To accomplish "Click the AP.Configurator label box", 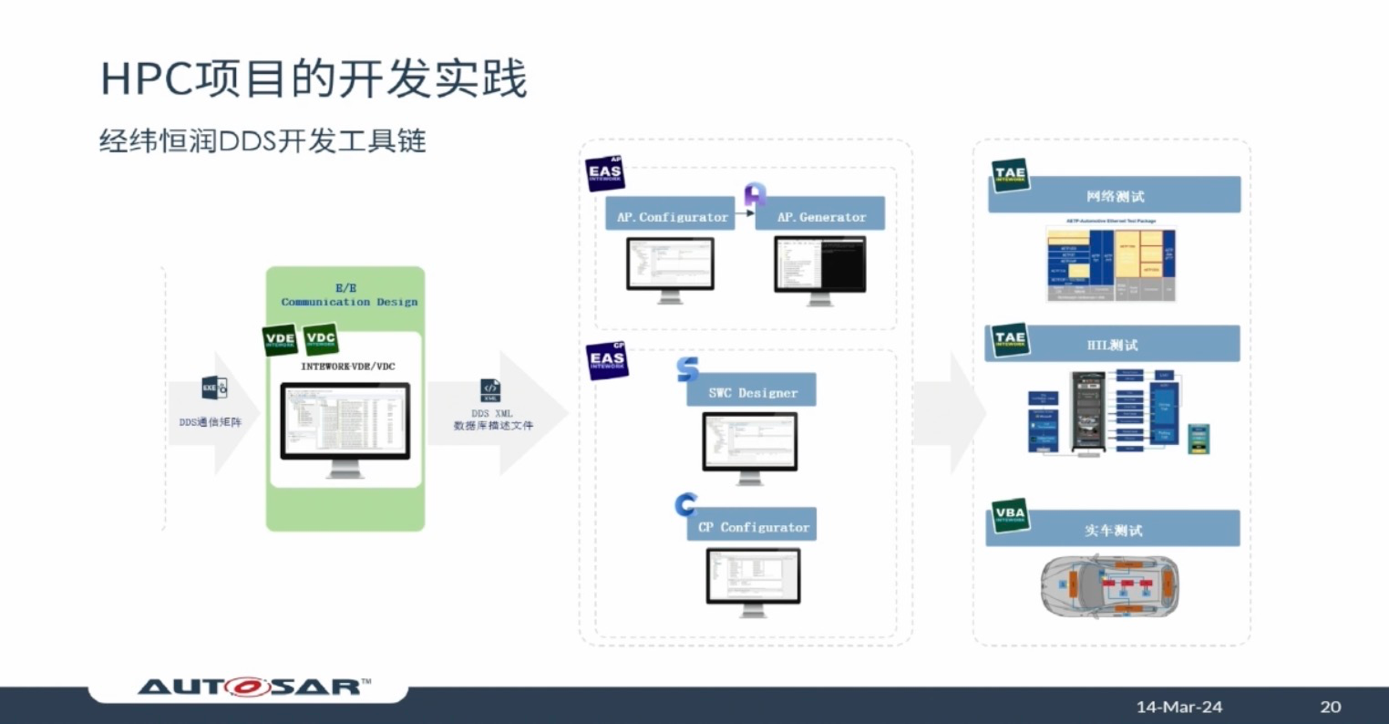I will click(671, 216).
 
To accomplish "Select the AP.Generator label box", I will click(820, 216).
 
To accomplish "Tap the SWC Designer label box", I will click(753, 392).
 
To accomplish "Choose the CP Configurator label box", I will click(753, 527).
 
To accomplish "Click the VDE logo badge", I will click(280, 339).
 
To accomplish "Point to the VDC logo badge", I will click(321, 339).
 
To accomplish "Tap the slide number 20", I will click(1330, 707).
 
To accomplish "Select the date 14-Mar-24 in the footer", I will click(1178, 707).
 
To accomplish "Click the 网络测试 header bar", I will click(1115, 196).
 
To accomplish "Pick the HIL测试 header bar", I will click(1113, 345).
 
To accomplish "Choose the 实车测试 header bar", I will click(1113, 530).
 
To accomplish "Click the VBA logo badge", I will click(1009, 515).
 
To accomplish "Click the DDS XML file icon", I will click(490, 391).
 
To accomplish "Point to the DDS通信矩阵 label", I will click(211, 422).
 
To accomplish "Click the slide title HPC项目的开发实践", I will click(314, 79).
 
